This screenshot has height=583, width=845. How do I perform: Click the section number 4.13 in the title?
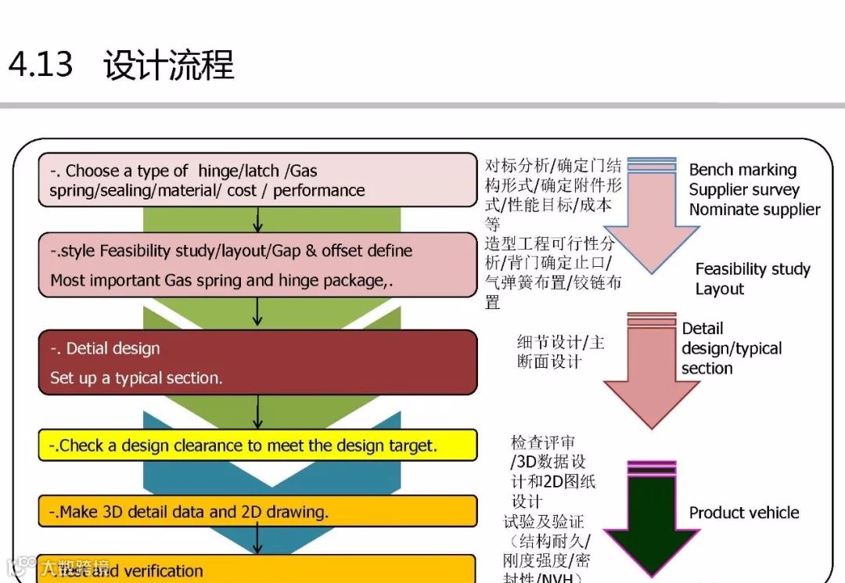coord(41,64)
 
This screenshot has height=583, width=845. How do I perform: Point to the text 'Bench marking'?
coord(743,170)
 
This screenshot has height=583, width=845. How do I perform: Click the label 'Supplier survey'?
coord(744,189)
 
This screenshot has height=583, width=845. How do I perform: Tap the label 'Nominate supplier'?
coord(754,210)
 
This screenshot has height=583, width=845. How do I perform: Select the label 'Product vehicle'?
coord(744,513)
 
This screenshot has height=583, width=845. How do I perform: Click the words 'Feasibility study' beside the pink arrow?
coord(753,269)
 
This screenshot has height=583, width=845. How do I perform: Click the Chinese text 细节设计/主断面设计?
coord(560,351)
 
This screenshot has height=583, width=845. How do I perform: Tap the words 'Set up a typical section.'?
coord(136,378)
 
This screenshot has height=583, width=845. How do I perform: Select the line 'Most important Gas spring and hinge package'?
coord(221,280)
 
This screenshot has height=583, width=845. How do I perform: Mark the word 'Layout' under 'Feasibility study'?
coord(720,289)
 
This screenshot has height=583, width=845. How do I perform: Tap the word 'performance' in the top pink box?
coord(318,190)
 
